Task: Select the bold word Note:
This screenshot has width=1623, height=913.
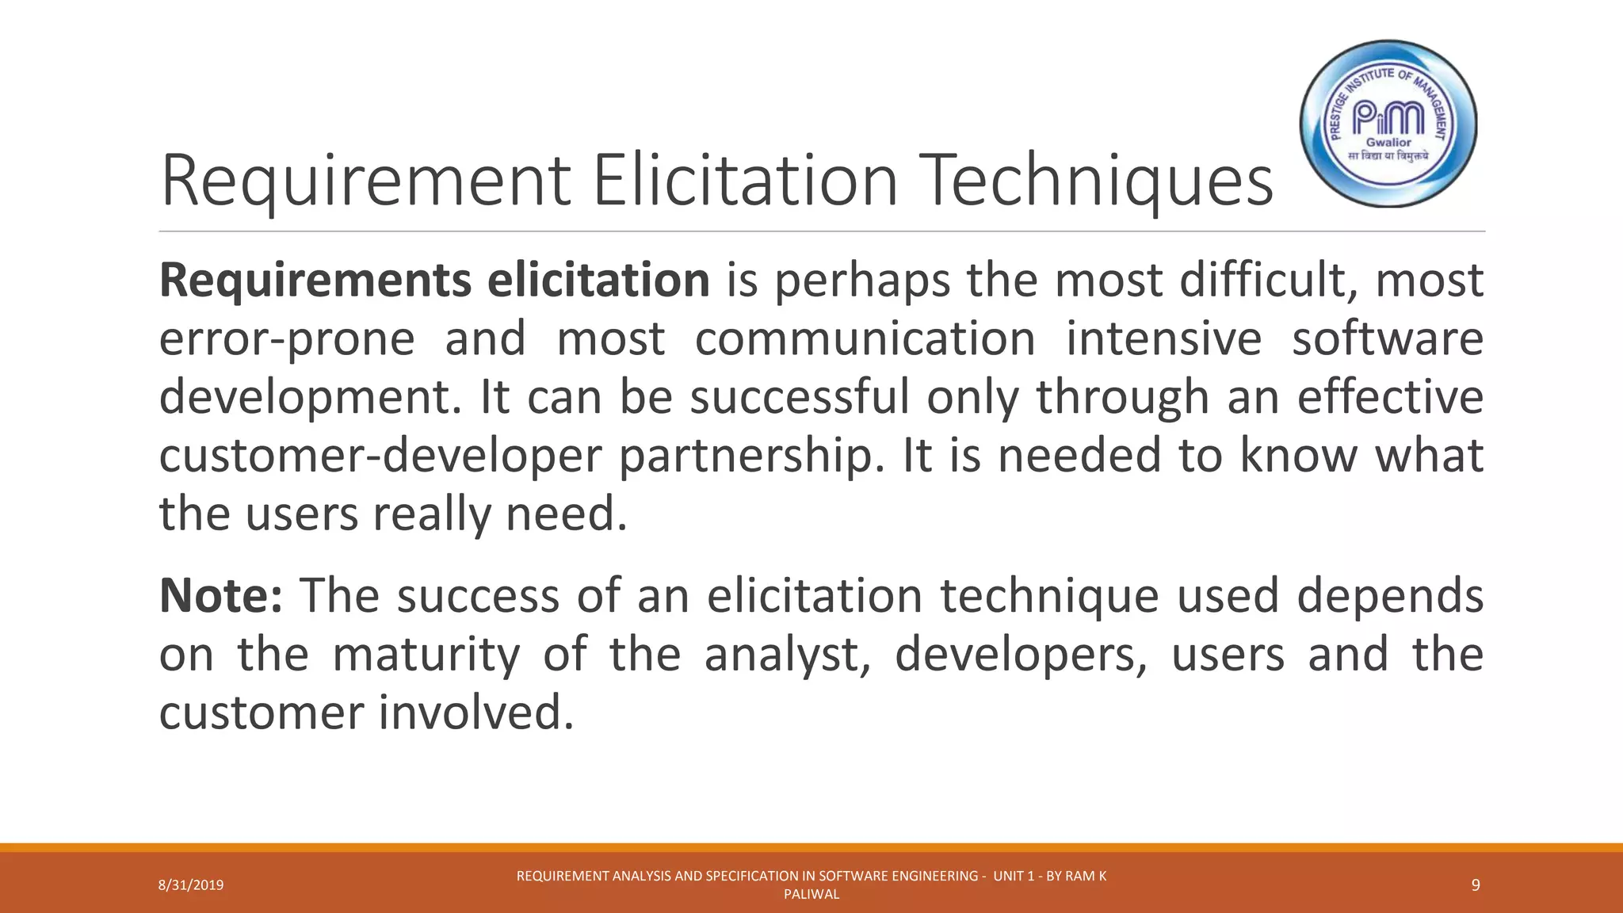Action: pyautogui.click(x=220, y=596)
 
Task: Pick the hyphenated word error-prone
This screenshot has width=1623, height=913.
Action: pyautogui.click(x=287, y=339)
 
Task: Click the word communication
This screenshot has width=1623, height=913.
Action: pyautogui.click(x=865, y=339)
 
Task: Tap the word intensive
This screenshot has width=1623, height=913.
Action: pyautogui.click(x=1163, y=339)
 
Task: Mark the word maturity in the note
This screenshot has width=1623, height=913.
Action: pyautogui.click(x=426, y=655)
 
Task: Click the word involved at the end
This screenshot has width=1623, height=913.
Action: pyautogui.click(x=475, y=712)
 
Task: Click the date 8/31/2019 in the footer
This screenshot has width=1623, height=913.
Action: pyautogui.click(x=191, y=885)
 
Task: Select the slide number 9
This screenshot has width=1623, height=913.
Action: pyautogui.click(x=1476, y=885)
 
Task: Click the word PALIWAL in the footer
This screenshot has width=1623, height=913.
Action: pyautogui.click(x=811, y=895)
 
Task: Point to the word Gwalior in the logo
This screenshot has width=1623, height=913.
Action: pyautogui.click(x=1388, y=143)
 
